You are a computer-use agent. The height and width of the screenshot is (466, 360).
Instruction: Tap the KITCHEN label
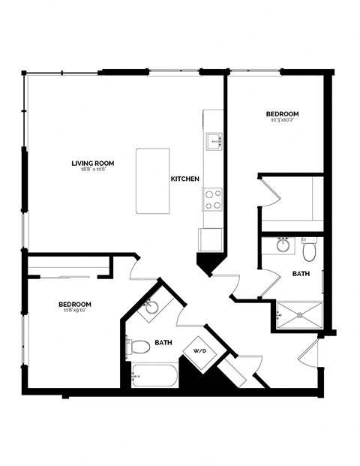coord(184,179)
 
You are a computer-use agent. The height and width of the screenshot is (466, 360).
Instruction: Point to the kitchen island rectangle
coord(152,180)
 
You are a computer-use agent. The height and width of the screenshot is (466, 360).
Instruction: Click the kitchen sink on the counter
coord(214,140)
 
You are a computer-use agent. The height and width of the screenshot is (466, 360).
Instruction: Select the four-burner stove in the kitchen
coord(213,200)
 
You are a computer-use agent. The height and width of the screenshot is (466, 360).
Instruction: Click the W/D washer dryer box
coord(200,350)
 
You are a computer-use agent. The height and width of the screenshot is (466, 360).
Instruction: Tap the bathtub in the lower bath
coord(154,374)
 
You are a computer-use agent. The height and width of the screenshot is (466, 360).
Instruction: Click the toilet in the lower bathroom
coord(139,347)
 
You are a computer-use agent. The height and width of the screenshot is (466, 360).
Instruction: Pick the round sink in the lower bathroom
coord(152,307)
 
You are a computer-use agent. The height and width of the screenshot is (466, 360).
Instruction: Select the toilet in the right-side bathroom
coord(309,246)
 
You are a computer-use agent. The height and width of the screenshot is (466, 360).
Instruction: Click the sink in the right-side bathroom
coord(283,245)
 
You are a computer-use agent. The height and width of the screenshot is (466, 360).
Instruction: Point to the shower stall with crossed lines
coord(299,314)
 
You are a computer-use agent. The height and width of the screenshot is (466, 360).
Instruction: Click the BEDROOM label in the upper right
coord(282,114)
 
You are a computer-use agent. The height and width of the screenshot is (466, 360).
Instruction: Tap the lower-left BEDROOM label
coord(75,304)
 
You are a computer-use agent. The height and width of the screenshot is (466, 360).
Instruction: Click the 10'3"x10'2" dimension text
coord(282,121)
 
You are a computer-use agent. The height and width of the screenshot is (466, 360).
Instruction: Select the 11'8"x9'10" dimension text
coord(75,311)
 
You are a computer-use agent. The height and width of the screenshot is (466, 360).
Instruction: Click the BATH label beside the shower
coord(301,275)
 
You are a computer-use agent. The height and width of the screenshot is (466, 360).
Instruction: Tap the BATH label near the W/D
coord(163,343)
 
